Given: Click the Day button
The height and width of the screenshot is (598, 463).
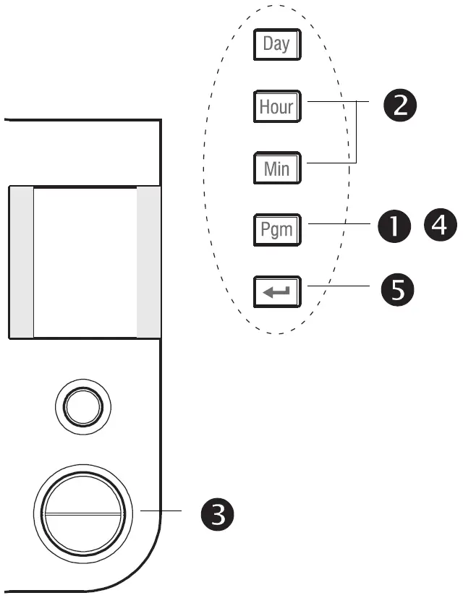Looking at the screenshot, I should click(276, 44).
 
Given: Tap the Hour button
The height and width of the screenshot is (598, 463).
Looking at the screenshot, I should click(276, 106).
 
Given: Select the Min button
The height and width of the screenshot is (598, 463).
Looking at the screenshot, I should click(276, 168).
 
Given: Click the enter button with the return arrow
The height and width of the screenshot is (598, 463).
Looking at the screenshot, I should click(276, 292).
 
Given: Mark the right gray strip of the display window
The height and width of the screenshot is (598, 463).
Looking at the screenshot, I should click(148, 261).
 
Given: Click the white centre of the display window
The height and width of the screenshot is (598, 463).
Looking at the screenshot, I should click(85, 261).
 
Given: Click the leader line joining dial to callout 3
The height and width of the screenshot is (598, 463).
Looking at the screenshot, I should click(161, 511).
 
